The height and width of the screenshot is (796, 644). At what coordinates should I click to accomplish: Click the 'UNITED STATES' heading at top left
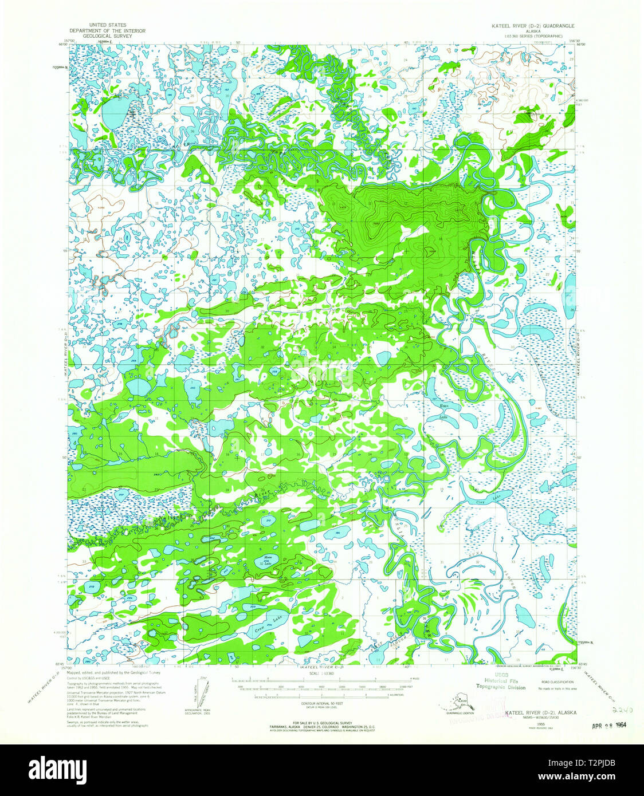pos(107,25)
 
